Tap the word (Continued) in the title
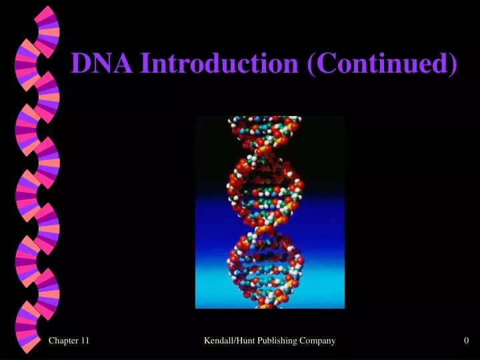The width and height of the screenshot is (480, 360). point(383,63)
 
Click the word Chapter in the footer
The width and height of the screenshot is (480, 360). point(63,341)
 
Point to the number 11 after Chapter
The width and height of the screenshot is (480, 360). point(84,341)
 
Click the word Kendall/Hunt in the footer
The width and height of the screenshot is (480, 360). point(228,341)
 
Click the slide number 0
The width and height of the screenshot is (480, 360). point(467,341)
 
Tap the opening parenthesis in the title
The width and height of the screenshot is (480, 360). point(311,65)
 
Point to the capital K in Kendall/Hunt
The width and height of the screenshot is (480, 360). point(207,341)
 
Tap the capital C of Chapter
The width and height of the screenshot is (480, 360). point(52,341)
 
